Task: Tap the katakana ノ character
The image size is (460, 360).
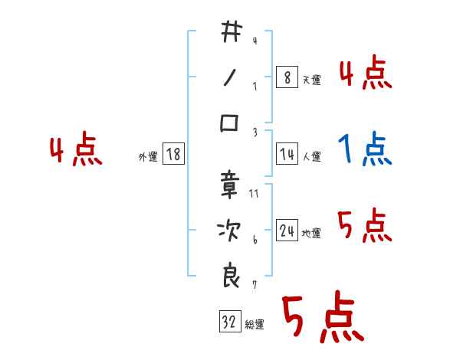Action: point(230,77)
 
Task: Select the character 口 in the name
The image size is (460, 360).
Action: point(230,123)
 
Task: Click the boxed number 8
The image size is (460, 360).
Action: point(287,77)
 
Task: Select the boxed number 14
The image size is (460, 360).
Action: point(287,154)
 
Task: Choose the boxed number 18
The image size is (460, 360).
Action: point(173,154)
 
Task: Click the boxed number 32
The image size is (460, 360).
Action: point(228,322)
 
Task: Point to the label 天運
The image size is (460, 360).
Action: point(311,80)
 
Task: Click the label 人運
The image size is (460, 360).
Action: point(311,156)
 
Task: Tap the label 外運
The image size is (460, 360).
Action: point(148,156)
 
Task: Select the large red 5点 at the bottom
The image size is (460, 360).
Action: point(321,318)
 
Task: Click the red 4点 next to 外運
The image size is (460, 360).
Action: point(76,150)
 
